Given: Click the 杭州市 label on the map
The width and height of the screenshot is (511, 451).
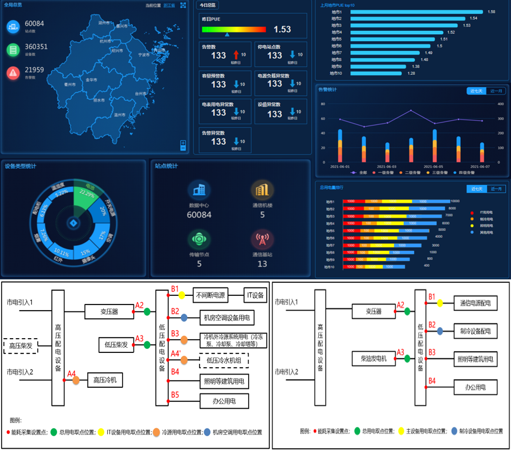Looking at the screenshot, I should pyautogui.click(x=106, y=41).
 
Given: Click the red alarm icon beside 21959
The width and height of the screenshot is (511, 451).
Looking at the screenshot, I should pyautogui.click(x=13, y=72).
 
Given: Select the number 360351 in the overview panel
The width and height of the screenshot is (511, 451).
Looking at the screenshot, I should pyautogui.click(x=36, y=47).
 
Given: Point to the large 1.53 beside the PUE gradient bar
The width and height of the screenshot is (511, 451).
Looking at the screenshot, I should pyautogui.click(x=282, y=30).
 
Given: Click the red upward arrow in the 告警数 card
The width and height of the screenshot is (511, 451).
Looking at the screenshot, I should pyautogui.click(x=236, y=55).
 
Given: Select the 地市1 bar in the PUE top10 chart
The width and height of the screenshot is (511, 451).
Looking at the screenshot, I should pyautogui.click(x=415, y=12).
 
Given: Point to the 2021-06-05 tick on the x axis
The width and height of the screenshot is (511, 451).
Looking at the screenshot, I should pyautogui.click(x=435, y=166).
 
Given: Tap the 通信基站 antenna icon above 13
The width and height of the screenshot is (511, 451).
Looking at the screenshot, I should pyautogui.click(x=262, y=239).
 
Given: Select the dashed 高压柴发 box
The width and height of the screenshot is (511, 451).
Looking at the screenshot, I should pyautogui.click(x=21, y=346).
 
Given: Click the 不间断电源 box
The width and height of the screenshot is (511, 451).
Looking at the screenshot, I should pyautogui.click(x=210, y=295).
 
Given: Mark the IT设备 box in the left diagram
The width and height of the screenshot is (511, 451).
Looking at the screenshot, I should pyautogui.click(x=255, y=295).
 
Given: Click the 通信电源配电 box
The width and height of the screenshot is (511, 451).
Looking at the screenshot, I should pyautogui.click(x=475, y=303).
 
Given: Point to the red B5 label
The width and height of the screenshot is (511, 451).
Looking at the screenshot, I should pyautogui.click(x=175, y=395).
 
